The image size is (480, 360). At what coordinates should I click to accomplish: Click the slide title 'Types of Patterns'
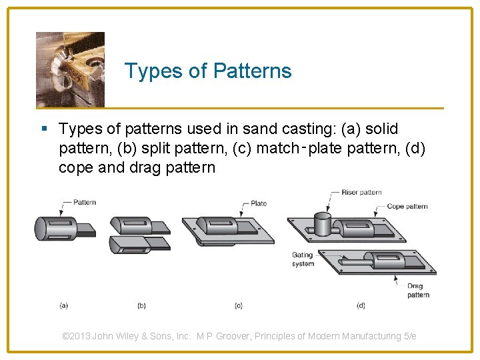208,71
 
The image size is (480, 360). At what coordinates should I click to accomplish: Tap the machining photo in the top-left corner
70,69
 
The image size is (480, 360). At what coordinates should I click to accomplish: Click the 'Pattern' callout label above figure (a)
84,202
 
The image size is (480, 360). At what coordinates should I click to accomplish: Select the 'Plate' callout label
259,203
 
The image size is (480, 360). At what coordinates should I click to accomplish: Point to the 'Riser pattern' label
361,193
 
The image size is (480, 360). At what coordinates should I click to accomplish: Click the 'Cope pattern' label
407,207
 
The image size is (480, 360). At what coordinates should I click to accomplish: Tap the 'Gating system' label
303,259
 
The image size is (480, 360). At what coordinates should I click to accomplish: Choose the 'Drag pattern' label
418,290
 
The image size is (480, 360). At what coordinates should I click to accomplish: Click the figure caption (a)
63,306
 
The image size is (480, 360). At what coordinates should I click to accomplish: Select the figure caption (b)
141,306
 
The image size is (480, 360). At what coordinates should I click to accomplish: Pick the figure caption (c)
238,306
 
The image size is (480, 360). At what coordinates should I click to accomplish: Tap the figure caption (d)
361,306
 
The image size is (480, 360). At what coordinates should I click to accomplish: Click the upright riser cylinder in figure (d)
322,224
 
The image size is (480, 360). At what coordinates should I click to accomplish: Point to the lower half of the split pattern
137,244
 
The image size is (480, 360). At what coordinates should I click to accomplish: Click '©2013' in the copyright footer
76,336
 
